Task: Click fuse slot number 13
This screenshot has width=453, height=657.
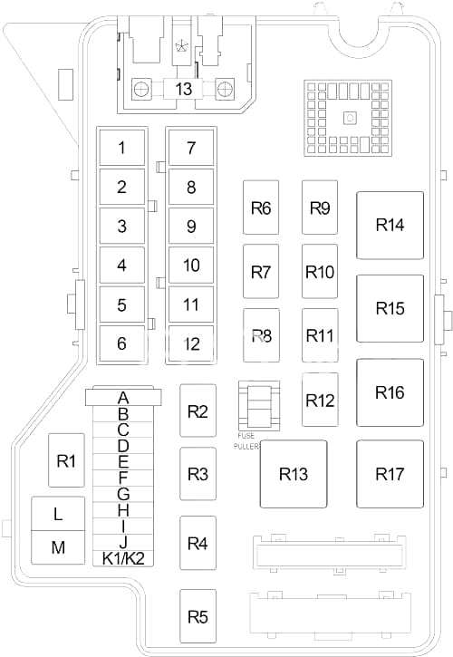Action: (184, 89)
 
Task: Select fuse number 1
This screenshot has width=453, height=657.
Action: (122, 148)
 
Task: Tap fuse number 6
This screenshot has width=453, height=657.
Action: (122, 343)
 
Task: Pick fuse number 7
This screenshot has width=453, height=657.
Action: (191, 148)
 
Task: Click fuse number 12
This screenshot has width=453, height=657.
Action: (191, 343)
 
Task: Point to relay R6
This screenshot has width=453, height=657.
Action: (261, 208)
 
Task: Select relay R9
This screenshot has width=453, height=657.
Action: (320, 208)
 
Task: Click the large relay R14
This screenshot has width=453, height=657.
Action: (390, 225)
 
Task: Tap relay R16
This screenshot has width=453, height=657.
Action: (390, 392)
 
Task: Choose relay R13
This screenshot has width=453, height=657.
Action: (294, 474)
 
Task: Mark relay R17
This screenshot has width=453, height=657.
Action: (390, 474)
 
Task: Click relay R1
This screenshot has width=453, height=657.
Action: (66, 460)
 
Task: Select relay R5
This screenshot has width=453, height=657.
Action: (198, 616)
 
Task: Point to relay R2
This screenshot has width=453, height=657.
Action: (198, 411)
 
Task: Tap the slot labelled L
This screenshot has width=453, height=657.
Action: (58, 514)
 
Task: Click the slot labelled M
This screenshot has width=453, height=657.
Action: (58, 547)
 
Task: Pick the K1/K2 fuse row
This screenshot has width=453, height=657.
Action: (123, 558)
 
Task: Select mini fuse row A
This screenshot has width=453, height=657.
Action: (123, 397)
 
